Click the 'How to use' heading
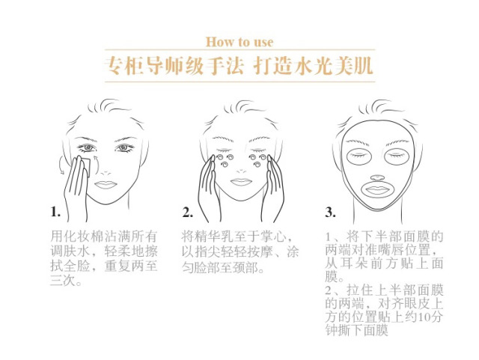coord(239,42)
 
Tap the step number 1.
coord(55,212)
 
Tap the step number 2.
coord(187,212)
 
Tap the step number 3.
coord(330,212)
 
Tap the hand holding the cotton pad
coord(75,183)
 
